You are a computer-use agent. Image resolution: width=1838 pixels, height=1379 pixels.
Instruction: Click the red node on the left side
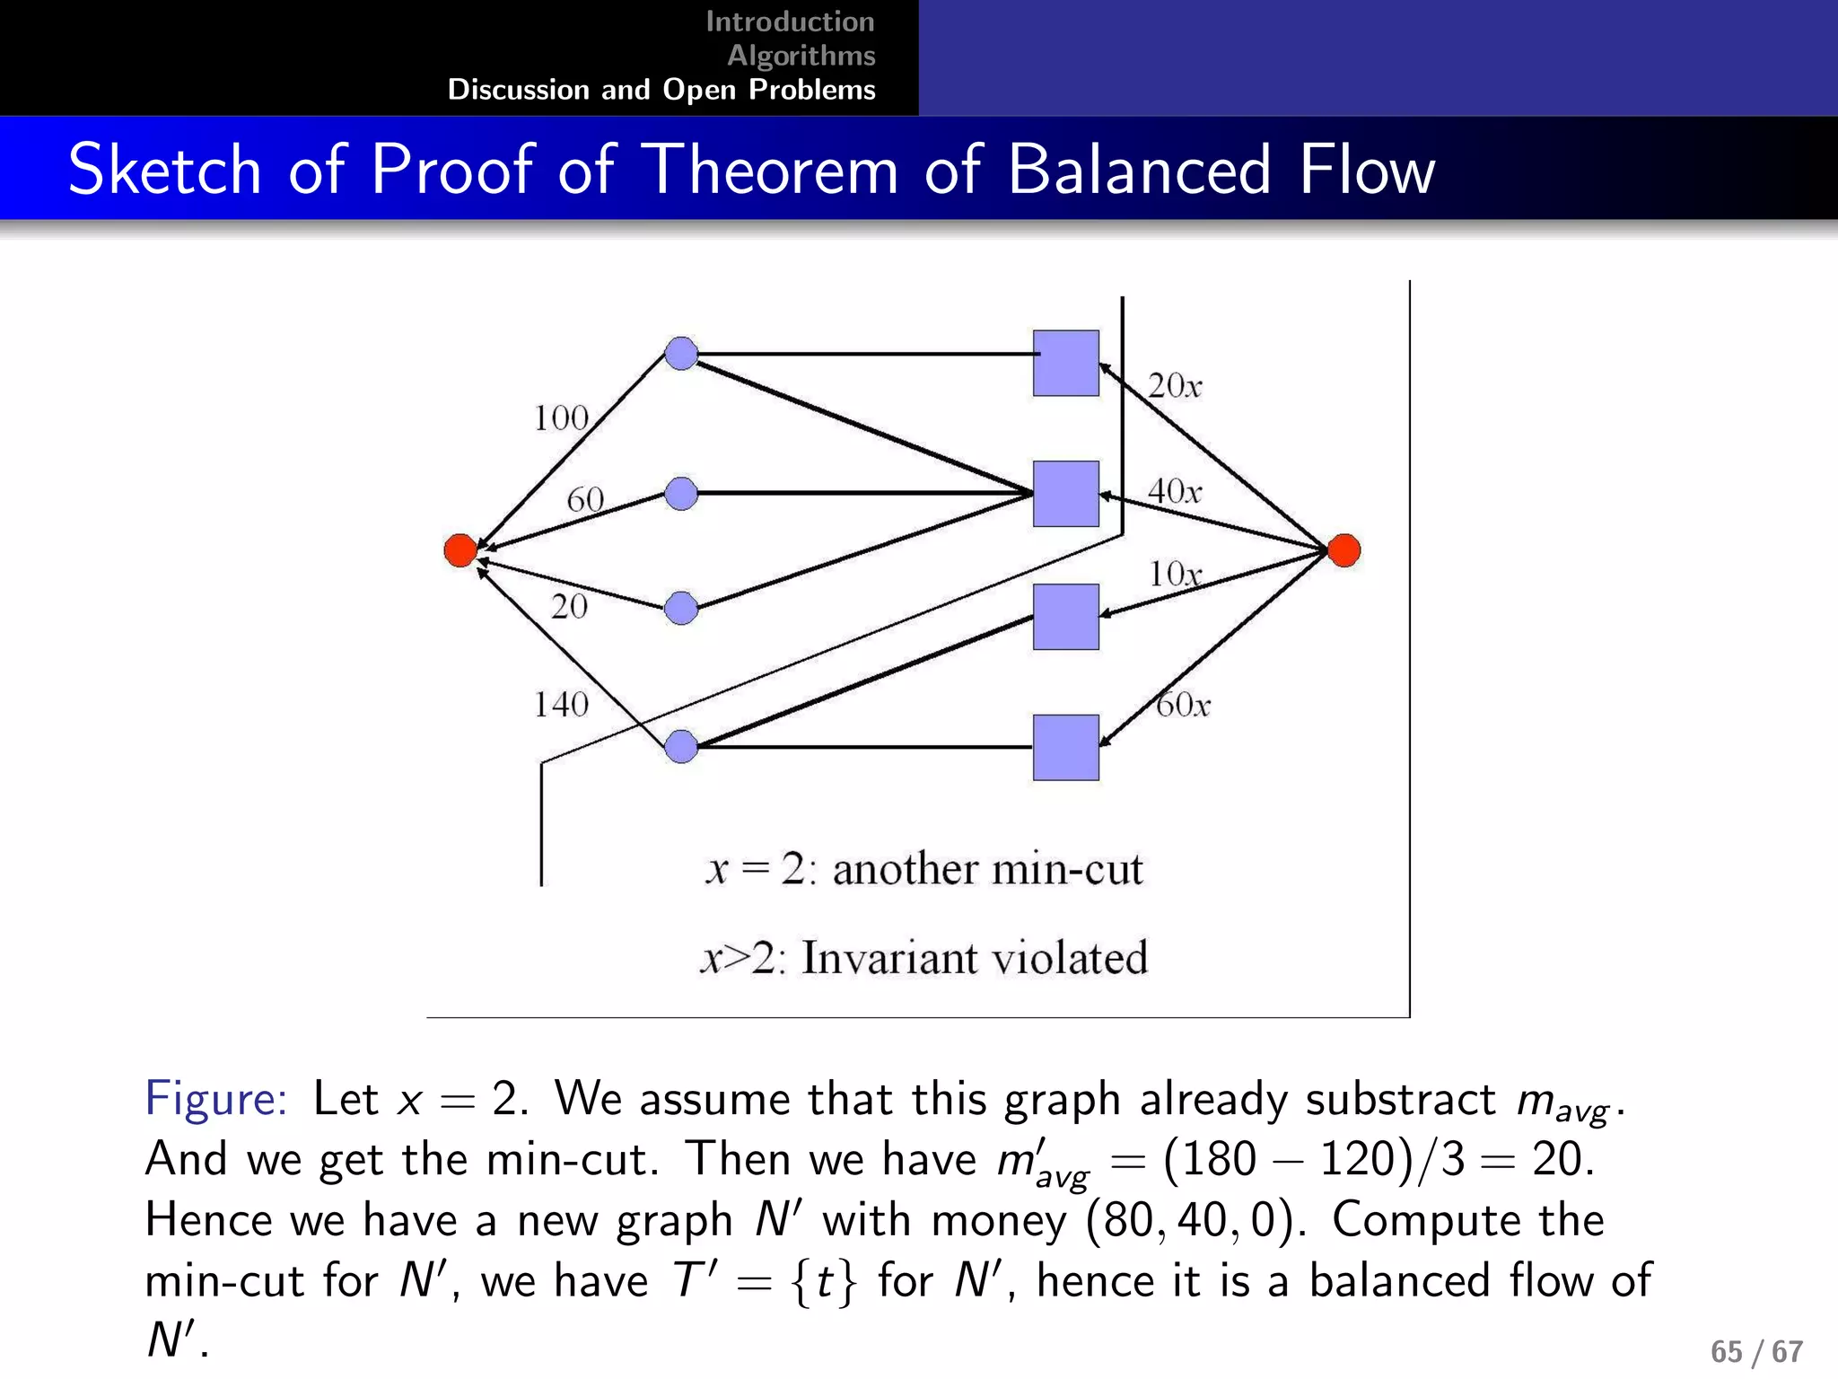pos(460,549)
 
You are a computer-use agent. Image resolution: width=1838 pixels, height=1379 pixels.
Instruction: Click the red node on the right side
pos(1343,549)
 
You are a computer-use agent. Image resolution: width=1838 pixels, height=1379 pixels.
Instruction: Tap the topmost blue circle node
pos(682,354)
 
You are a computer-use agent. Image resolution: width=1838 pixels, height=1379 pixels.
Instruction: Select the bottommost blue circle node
pos(682,746)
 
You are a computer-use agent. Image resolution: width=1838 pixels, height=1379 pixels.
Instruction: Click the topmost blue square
pos(1065,363)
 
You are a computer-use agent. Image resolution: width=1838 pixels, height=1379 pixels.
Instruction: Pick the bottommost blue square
pos(1065,747)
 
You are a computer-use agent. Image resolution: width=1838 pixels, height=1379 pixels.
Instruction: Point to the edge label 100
pos(561,418)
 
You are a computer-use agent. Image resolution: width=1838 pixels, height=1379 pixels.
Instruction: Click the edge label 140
pos(561,705)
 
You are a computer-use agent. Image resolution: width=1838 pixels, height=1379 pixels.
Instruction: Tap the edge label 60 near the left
pos(585,499)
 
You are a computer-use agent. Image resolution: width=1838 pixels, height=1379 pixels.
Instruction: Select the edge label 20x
pos(1175,386)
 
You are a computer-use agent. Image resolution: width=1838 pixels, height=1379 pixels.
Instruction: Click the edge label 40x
pos(1175,491)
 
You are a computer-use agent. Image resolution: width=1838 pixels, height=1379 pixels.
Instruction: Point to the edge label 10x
pos(1175,574)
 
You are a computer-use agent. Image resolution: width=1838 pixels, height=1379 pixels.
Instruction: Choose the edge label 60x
pos(1183,705)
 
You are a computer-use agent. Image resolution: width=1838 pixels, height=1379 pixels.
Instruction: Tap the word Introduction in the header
pos(790,22)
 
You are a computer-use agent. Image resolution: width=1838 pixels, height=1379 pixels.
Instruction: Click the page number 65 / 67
pos(1756,1351)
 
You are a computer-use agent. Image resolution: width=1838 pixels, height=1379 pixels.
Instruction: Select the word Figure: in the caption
pos(216,1098)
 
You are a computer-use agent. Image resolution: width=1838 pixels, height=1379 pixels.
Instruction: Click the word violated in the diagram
pos(1070,957)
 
